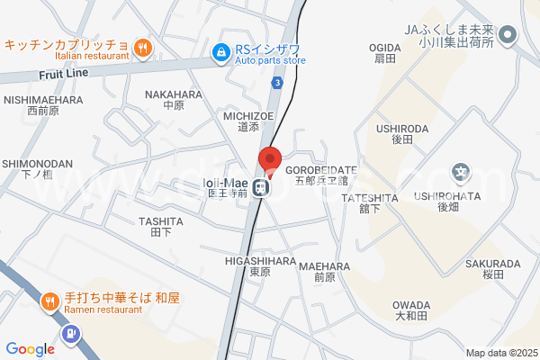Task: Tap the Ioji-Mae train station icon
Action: [259, 188]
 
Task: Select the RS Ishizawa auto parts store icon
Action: [220, 54]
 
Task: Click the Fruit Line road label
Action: [62, 75]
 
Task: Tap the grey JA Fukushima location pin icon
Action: [507, 36]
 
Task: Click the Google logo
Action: [30, 349]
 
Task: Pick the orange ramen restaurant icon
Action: [49, 301]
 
